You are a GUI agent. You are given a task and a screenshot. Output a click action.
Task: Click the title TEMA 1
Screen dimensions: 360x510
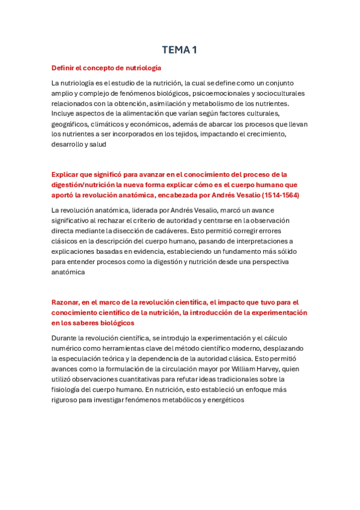coord(180,50)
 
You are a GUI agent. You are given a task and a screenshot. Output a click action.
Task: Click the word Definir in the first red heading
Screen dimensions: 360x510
coord(63,68)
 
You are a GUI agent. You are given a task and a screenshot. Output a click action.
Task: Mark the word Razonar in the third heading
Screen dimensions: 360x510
coord(66,302)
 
